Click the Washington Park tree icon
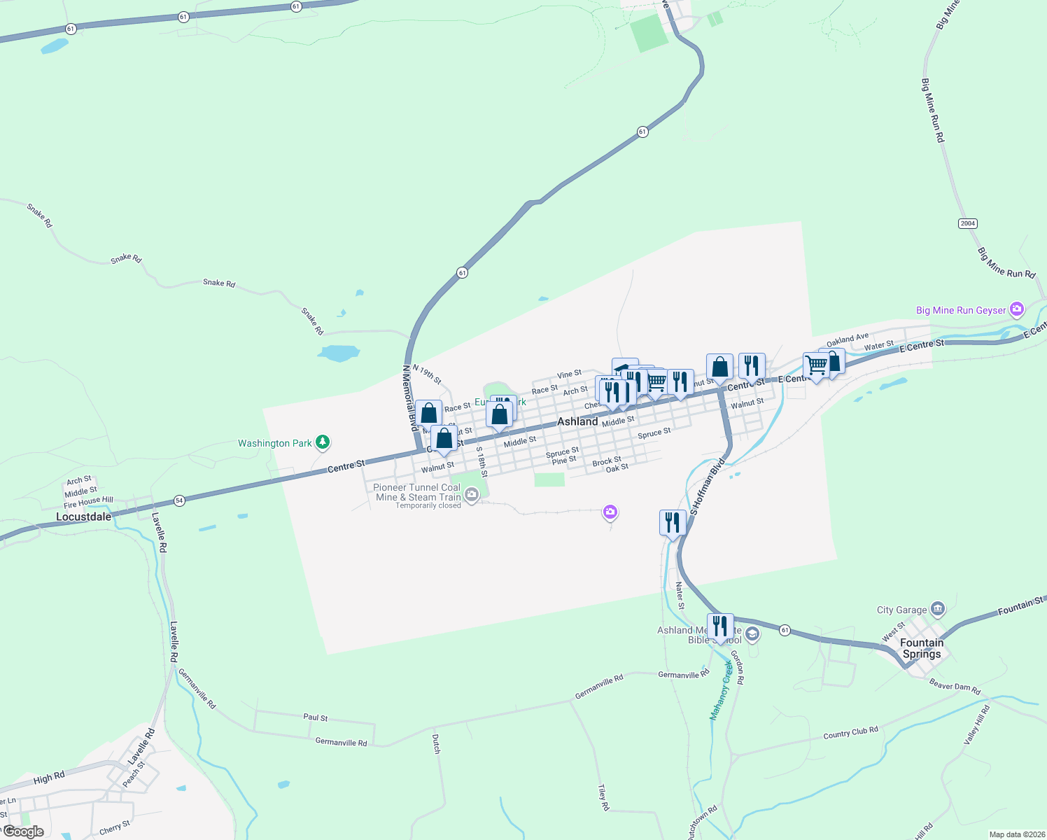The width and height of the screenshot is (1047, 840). pyautogui.click(x=322, y=442)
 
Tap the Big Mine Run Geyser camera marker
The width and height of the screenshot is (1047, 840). pyautogui.click(x=1017, y=309)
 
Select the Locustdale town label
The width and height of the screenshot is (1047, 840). pyautogui.click(x=83, y=517)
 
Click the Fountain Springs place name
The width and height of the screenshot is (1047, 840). pyautogui.click(x=921, y=648)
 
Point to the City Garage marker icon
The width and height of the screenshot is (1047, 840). pyautogui.click(x=938, y=609)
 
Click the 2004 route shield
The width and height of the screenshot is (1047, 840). pyautogui.click(x=967, y=223)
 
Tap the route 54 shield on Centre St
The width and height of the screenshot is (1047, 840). pyautogui.click(x=180, y=500)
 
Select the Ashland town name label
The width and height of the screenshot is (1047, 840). pyautogui.click(x=577, y=421)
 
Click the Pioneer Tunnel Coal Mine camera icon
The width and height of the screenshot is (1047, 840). pyautogui.click(x=472, y=496)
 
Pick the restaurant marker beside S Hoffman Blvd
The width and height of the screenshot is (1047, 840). pyautogui.click(x=672, y=523)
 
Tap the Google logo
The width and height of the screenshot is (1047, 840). pyautogui.click(x=24, y=832)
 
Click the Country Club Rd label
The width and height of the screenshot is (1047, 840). pyautogui.click(x=850, y=733)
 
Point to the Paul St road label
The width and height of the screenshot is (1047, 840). pyautogui.click(x=316, y=717)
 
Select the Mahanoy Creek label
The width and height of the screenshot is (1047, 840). pyautogui.click(x=720, y=690)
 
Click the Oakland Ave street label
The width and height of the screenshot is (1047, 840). pyautogui.click(x=847, y=340)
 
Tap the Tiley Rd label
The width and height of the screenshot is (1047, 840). pyautogui.click(x=603, y=797)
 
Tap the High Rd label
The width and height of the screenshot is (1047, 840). pyautogui.click(x=48, y=778)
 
